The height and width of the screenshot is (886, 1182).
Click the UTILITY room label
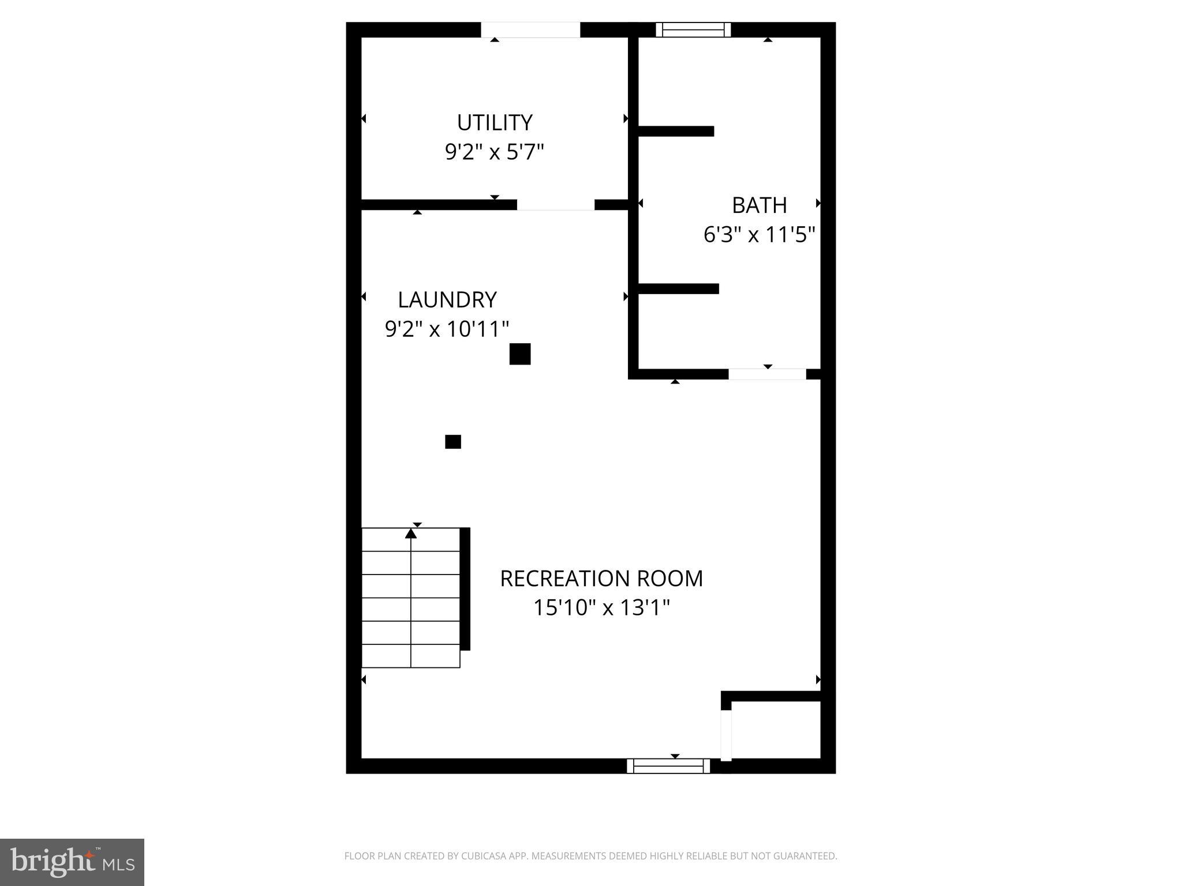495,123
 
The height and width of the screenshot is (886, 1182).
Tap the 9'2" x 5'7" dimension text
495,152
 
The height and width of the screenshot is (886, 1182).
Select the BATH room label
759,205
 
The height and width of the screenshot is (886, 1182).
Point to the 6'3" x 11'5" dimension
759,235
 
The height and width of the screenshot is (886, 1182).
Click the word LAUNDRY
447,300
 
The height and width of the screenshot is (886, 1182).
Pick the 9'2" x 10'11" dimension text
447,329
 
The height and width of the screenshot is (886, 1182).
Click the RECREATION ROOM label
601,579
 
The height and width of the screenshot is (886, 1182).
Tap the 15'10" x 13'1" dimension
601,607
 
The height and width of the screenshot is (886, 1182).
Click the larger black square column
520,354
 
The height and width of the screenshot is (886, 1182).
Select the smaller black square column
453,442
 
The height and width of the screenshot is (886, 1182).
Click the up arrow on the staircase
411,534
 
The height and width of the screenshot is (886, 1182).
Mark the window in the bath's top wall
693,29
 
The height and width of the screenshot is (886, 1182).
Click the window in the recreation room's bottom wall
668,766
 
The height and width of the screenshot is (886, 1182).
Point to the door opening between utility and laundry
555,205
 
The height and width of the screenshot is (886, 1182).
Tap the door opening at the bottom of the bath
767,374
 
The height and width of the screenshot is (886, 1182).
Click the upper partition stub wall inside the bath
676,132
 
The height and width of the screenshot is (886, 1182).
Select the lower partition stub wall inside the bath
678,288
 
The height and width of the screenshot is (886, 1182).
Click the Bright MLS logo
72,862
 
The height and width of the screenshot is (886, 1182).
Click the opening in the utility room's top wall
530,29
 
